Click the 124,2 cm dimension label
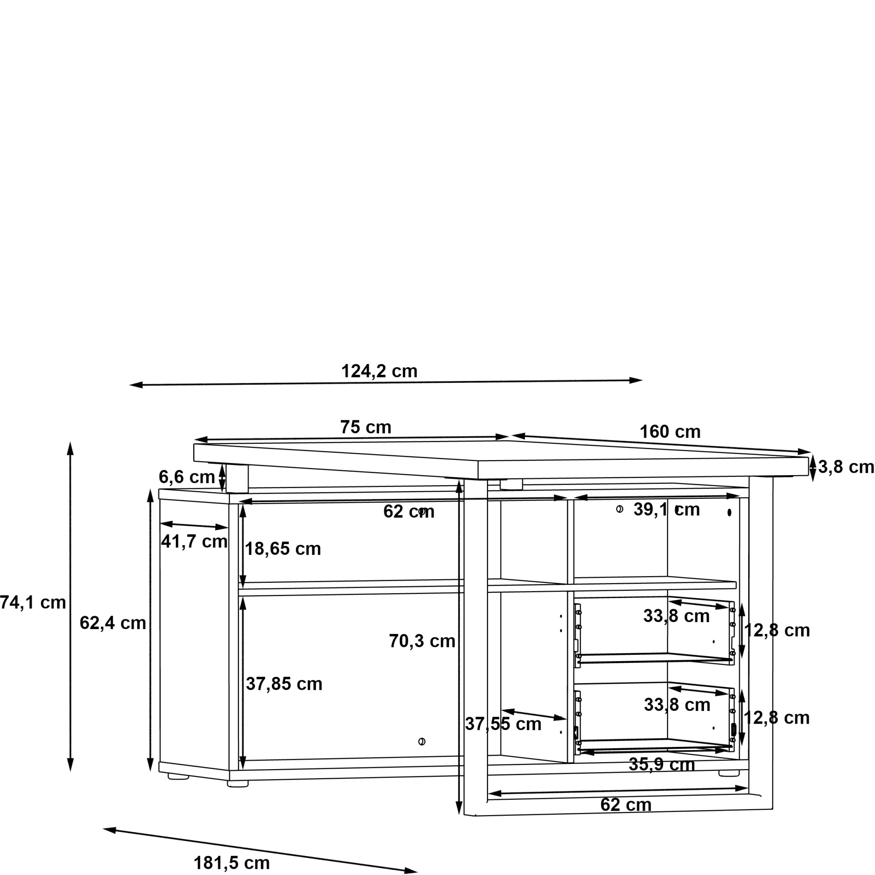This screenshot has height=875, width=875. tap(379, 371)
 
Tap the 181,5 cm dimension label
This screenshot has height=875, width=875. tap(232, 863)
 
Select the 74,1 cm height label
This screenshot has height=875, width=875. tap(33, 602)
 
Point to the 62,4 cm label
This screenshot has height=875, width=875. tap(113, 623)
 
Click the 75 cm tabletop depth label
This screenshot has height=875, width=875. tap(365, 427)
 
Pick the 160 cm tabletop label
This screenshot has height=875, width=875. tap(670, 432)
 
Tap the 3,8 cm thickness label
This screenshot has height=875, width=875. tap(846, 467)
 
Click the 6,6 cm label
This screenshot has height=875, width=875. tap(187, 477)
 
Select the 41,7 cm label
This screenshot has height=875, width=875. tap(194, 541)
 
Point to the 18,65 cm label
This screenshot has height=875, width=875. tap(283, 549)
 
